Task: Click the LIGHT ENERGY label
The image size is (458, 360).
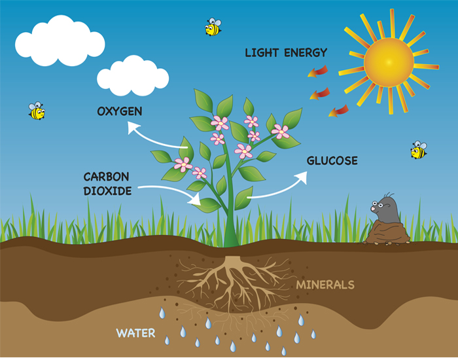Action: point(286,52)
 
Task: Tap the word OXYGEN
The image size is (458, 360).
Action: point(120,111)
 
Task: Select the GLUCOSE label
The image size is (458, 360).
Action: point(332,161)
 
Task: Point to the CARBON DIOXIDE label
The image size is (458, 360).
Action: point(107,184)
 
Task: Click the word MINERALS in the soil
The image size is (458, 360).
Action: point(325,285)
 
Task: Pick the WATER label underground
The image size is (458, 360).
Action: point(135,333)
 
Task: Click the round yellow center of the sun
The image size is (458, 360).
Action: point(389,62)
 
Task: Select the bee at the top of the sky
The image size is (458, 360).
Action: point(213,27)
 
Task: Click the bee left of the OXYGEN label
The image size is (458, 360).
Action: point(37,111)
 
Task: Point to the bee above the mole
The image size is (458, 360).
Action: point(419,150)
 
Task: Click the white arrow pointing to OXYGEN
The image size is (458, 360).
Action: point(155,138)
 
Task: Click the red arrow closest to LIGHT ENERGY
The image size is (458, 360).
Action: point(318,71)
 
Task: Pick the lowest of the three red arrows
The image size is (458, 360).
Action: point(338,111)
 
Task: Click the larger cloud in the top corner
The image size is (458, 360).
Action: point(60,41)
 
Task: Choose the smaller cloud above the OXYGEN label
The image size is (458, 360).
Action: point(133,76)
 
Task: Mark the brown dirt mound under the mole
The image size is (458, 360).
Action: point(387,233)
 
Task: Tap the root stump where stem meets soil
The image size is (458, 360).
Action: point(232,260)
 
